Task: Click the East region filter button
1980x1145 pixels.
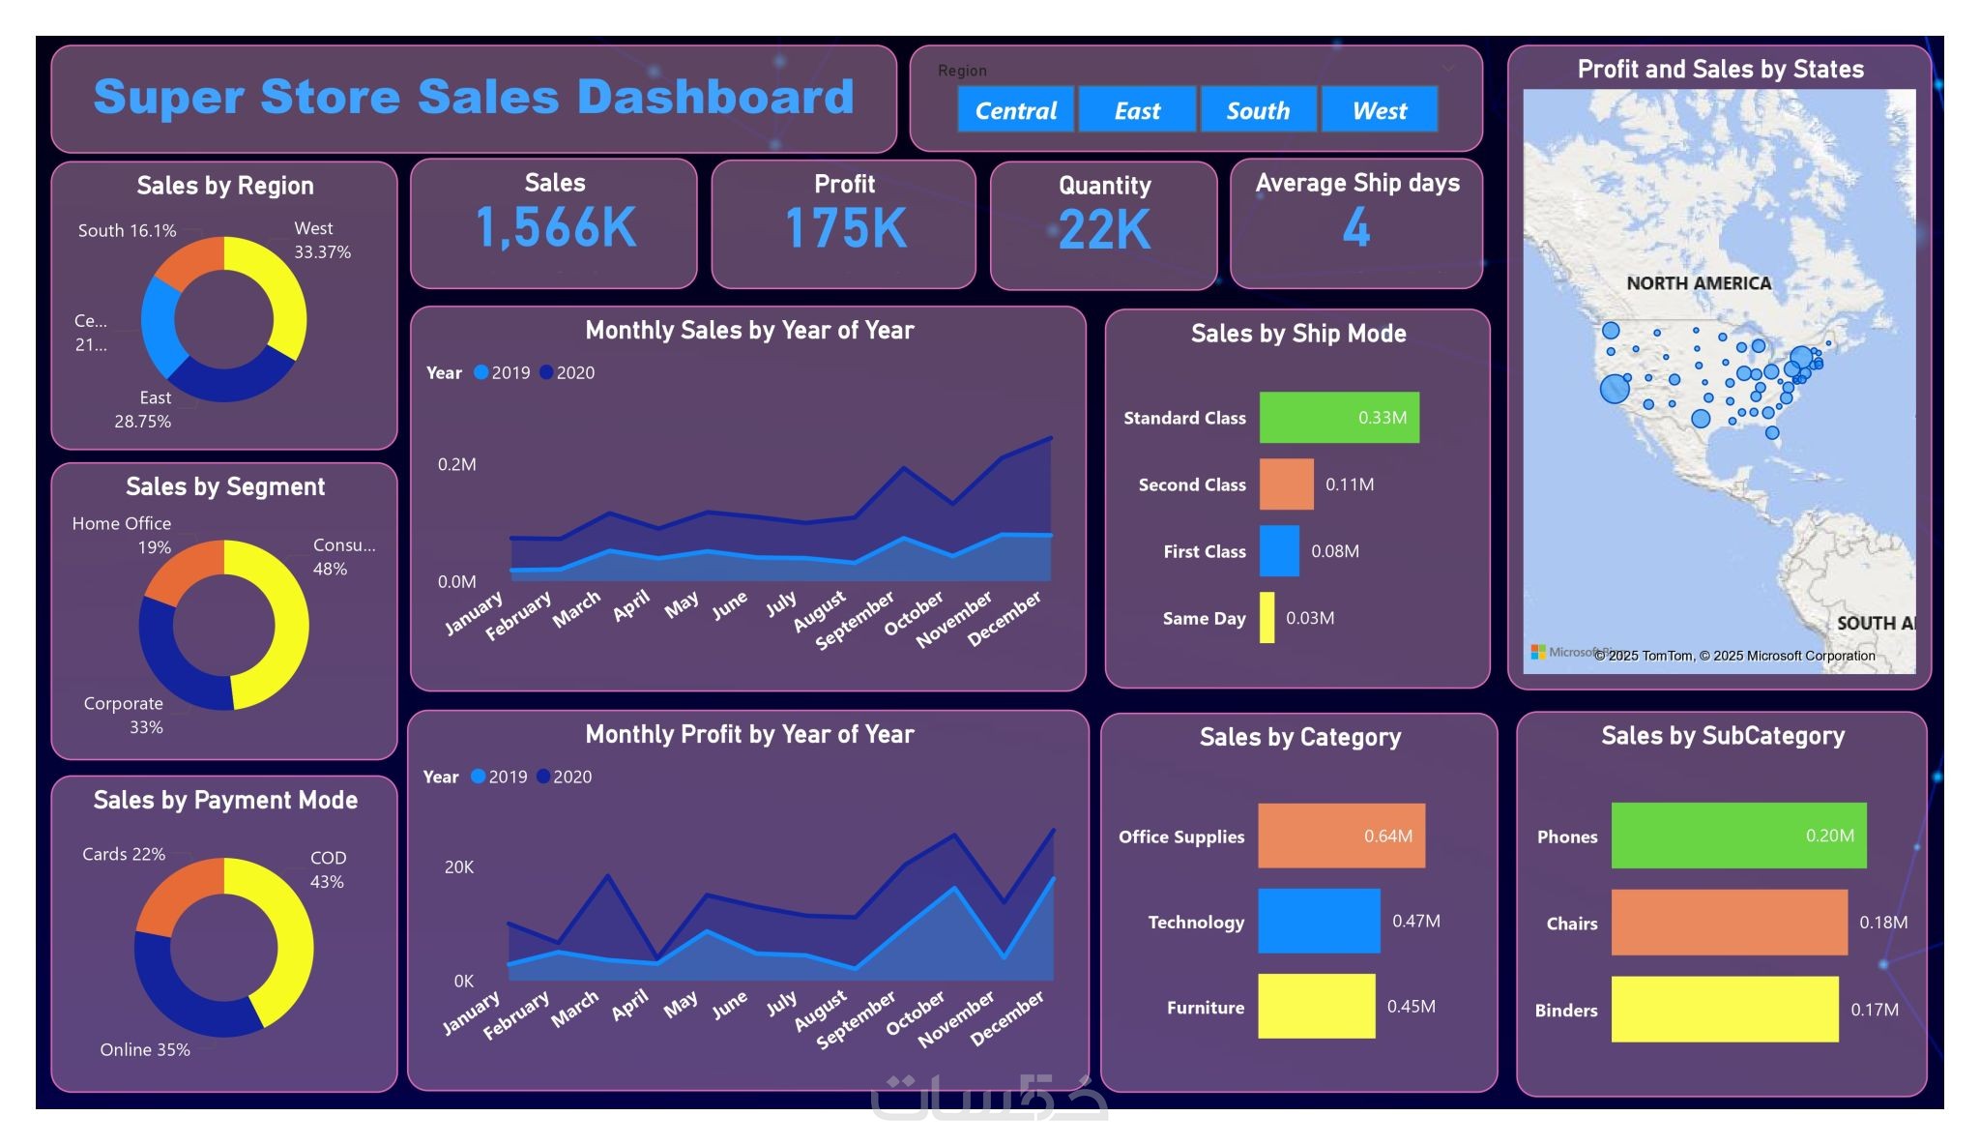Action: (x=1137, y=110)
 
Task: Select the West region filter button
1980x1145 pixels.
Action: (x=1380, y=110)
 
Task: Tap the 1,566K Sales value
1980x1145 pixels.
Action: (x=556, y=228)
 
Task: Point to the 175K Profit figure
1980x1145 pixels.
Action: (x=846, y=229)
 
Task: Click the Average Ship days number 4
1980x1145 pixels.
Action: (x=1356, y=228)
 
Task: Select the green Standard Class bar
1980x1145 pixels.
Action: (x=1339, y=418)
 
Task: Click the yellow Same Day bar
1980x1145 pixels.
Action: (x=1267, y=618)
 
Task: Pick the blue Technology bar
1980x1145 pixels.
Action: (x=1319, y=921)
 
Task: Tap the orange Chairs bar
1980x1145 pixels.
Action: (x=1729, y=923)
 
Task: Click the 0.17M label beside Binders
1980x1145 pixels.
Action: (x=1875, y=1010)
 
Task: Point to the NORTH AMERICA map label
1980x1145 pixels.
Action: (x=1699, y=283)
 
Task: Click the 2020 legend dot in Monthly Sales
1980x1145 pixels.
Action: (x=546, y=372)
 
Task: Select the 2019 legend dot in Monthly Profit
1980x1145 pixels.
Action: (x=479, y=777)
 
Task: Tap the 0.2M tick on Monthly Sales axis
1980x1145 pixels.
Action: (x=457, y=464)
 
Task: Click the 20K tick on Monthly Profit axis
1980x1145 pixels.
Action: (x=459, y=867)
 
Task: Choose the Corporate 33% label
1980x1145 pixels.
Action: (x=124, y=715)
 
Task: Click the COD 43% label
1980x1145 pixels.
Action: (x=328, y=869)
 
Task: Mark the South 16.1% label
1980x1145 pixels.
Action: (x=128, y=231)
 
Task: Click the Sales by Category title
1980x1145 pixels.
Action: (x=1299, y=737)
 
